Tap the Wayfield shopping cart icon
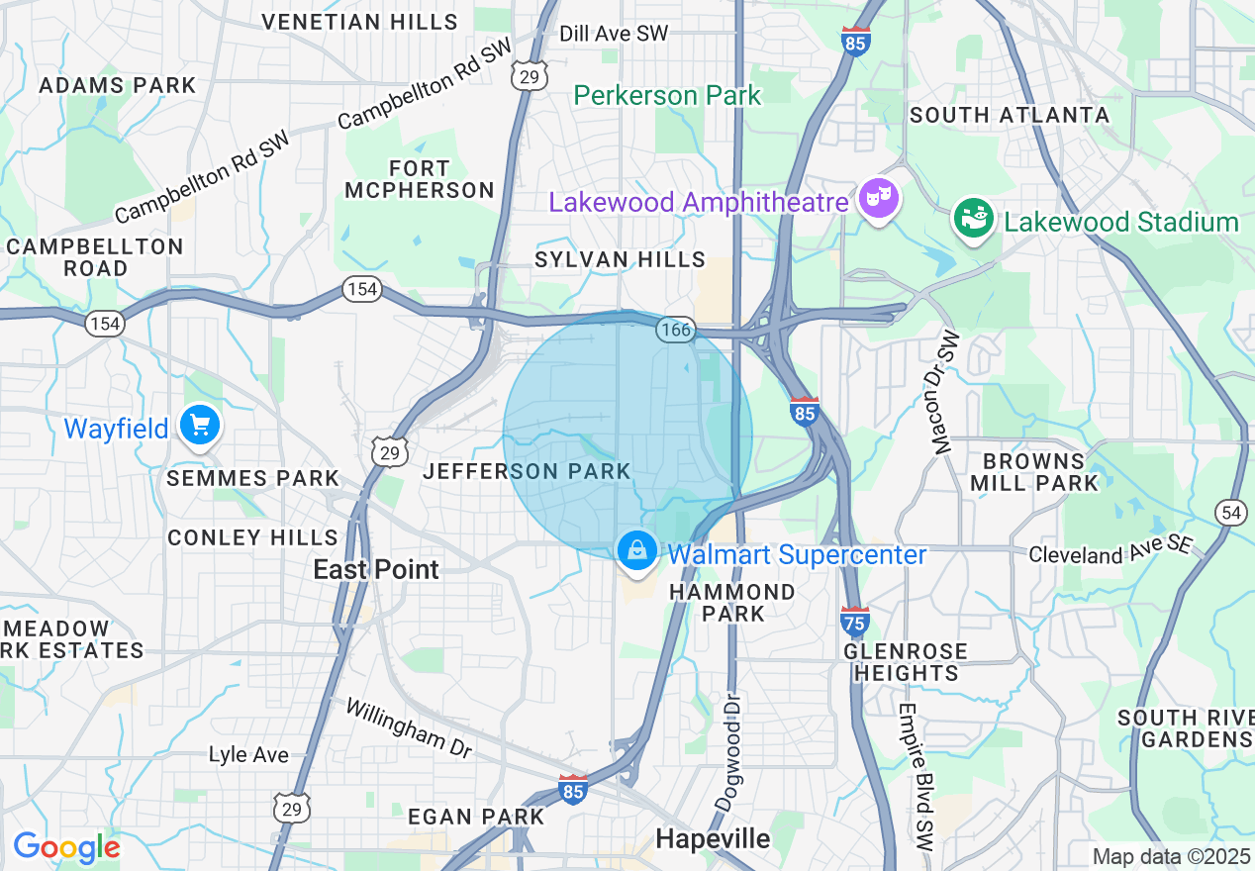tap(200, 427)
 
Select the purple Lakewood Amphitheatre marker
tap(878, 200)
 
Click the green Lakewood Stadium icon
tap(973, 219)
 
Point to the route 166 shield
tap(676, 330)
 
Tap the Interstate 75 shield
tap(855, 622)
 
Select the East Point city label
tap(376, 569)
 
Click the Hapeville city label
tap(713, 839)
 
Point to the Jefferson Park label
tap(527, 471)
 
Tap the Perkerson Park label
tap(667, 95)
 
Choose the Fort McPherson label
tap(421, 179)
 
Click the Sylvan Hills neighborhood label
tap(620, 259)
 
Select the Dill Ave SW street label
tap(614, 34)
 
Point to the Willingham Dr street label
tap(408, 727)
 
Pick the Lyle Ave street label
tap(248, 755)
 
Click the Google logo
tap(66, 847)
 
